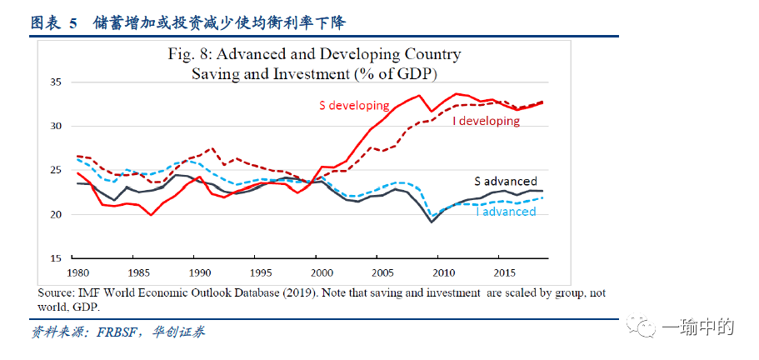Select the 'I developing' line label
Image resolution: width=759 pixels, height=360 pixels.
pyautogui.click(x=486, y=121)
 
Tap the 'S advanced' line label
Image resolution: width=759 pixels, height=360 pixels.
pyautogui.click(x=506, y=181)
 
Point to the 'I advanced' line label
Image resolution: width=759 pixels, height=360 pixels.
pyautogui.click(x=505, y=212)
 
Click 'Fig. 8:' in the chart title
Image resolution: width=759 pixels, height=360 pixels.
pyautogui.click(x=191, y=55)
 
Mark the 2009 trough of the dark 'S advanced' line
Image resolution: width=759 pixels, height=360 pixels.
pyautogui.click(x=432, y=222)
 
